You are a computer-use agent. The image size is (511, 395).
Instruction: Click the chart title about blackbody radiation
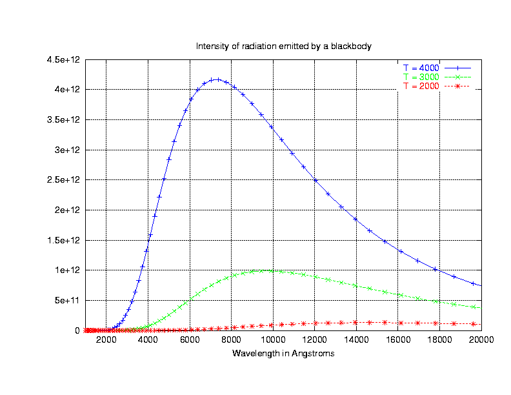pyautogui.click(x=284, y=46)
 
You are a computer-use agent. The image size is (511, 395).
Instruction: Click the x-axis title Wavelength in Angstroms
pyautogui.click(x=283, y=354)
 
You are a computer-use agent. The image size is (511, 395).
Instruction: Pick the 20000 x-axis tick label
pyautogui.click(x=481, y=340)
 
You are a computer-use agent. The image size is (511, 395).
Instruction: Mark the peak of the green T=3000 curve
pyautogui.click(x=268, y=271)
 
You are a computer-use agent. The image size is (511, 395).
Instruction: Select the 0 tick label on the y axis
pyautogui.click(x=78, y=330)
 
